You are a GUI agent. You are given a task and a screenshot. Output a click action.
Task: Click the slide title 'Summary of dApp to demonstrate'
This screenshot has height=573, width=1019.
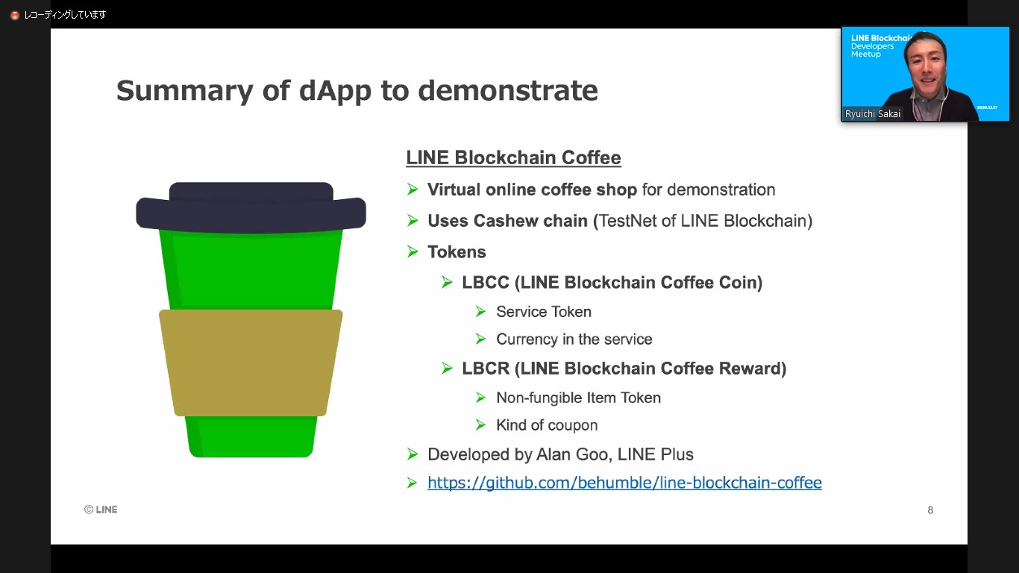pyautogui.click(x=357, y=91)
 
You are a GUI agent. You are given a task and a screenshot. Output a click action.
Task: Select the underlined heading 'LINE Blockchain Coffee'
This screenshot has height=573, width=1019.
pyautogui.click(x=513, y=158)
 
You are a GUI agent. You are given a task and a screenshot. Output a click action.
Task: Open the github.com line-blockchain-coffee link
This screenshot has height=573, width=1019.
pyautogui.click(x=624, y=483)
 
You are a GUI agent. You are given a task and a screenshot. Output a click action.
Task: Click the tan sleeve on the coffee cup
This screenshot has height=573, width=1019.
pyautogui.click(x=251, y=363)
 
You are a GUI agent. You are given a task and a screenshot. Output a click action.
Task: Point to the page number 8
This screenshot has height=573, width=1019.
pyautogui.click(x=930, y=510)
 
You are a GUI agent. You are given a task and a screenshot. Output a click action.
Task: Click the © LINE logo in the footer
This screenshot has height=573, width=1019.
pyautogui.click(x=101, y=510)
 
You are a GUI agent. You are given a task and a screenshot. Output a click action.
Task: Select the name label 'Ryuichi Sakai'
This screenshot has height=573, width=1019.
pyautogui.click(x=872, y=114)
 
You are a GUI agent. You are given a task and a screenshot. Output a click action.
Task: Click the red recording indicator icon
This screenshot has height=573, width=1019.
pyautogui.click(x=14, y=15)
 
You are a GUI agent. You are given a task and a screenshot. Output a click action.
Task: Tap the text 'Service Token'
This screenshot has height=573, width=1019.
pyautogui.click(x=543, y=312)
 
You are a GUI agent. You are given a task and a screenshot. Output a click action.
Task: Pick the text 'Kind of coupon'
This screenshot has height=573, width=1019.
pyautogui.click(x=547, y=425)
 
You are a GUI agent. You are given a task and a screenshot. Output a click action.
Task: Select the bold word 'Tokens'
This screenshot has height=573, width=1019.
pyautogui.click(x=457, y=252)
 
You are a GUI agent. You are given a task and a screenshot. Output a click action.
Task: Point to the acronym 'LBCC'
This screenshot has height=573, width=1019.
pyautogui.click(x=486, y=283)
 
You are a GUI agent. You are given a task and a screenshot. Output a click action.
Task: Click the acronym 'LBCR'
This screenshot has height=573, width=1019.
pyautogui.click(x=486, y=369)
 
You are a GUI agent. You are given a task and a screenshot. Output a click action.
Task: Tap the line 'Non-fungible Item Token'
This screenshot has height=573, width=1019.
pyautogui.click(x=578, y=398)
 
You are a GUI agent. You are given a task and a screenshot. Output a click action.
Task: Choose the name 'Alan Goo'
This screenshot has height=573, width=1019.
pyautogui.click(x=577, y=454)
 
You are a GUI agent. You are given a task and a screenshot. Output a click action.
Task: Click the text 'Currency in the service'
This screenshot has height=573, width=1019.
pyautogui.click(x=574, y=339)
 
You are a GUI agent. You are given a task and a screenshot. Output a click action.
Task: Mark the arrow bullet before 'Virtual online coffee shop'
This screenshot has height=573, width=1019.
pyautogui.click(x=413, y=190)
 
